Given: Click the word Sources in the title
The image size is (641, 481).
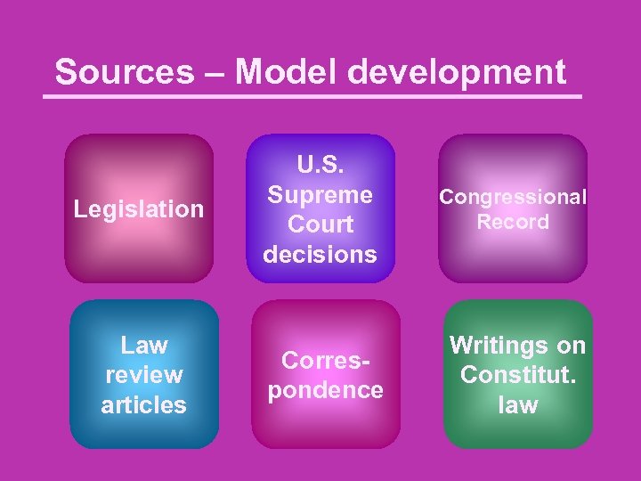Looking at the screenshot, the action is (x=124, y=71).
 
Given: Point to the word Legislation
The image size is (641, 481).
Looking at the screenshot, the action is (x=139, y=209).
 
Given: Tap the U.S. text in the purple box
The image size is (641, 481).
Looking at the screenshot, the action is (x=320, y=165).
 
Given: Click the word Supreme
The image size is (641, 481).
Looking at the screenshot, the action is (x=320, y=194).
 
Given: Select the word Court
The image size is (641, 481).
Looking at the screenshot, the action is (x=320, y=224).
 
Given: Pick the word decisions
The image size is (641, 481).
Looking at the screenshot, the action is (x=320, y=255).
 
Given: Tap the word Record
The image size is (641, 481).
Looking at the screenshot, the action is (x=513, y=222).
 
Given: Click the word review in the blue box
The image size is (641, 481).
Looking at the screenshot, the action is (x=144, y=375).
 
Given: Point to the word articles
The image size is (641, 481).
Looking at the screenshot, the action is (x=144, y=405).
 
